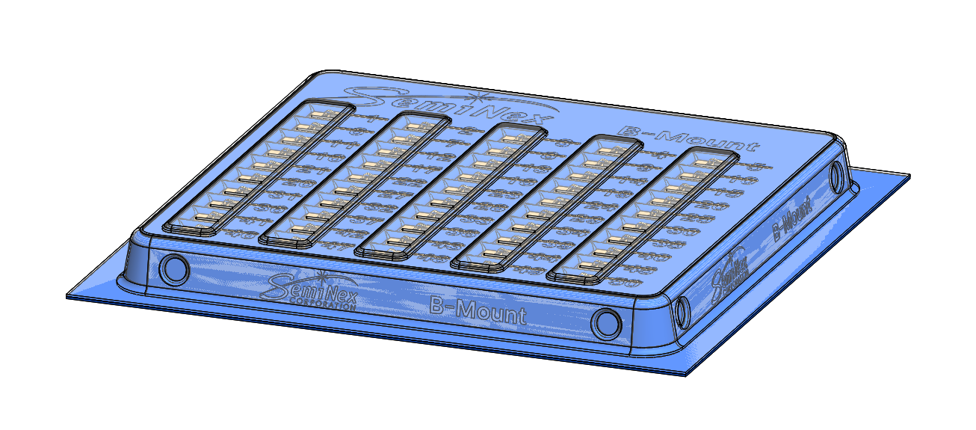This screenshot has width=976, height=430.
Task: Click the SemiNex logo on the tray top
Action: (448, 108)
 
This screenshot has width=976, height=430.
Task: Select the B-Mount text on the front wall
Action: (478, 310)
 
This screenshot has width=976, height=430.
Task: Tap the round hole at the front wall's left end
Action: (175, 268)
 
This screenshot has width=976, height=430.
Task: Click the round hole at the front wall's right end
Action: (606, 323)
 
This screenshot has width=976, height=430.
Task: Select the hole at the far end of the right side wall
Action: (838, 176)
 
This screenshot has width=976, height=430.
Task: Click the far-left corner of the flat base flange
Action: (67, 296)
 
